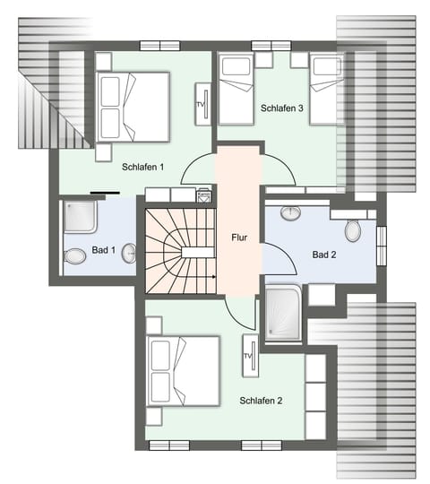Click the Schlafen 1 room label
click(x=143, y=167)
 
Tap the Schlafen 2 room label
click(x=261, y=401)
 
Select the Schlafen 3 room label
click(x=283, y=108)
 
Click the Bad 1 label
click(x=104, y=250)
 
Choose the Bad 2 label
click(x=324, y=255)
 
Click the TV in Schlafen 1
click(x=201, y=105)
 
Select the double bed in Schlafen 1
click(x=134, y=106)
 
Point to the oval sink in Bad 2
click(x=290, y=214)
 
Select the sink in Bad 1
click(x=130, y=253)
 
